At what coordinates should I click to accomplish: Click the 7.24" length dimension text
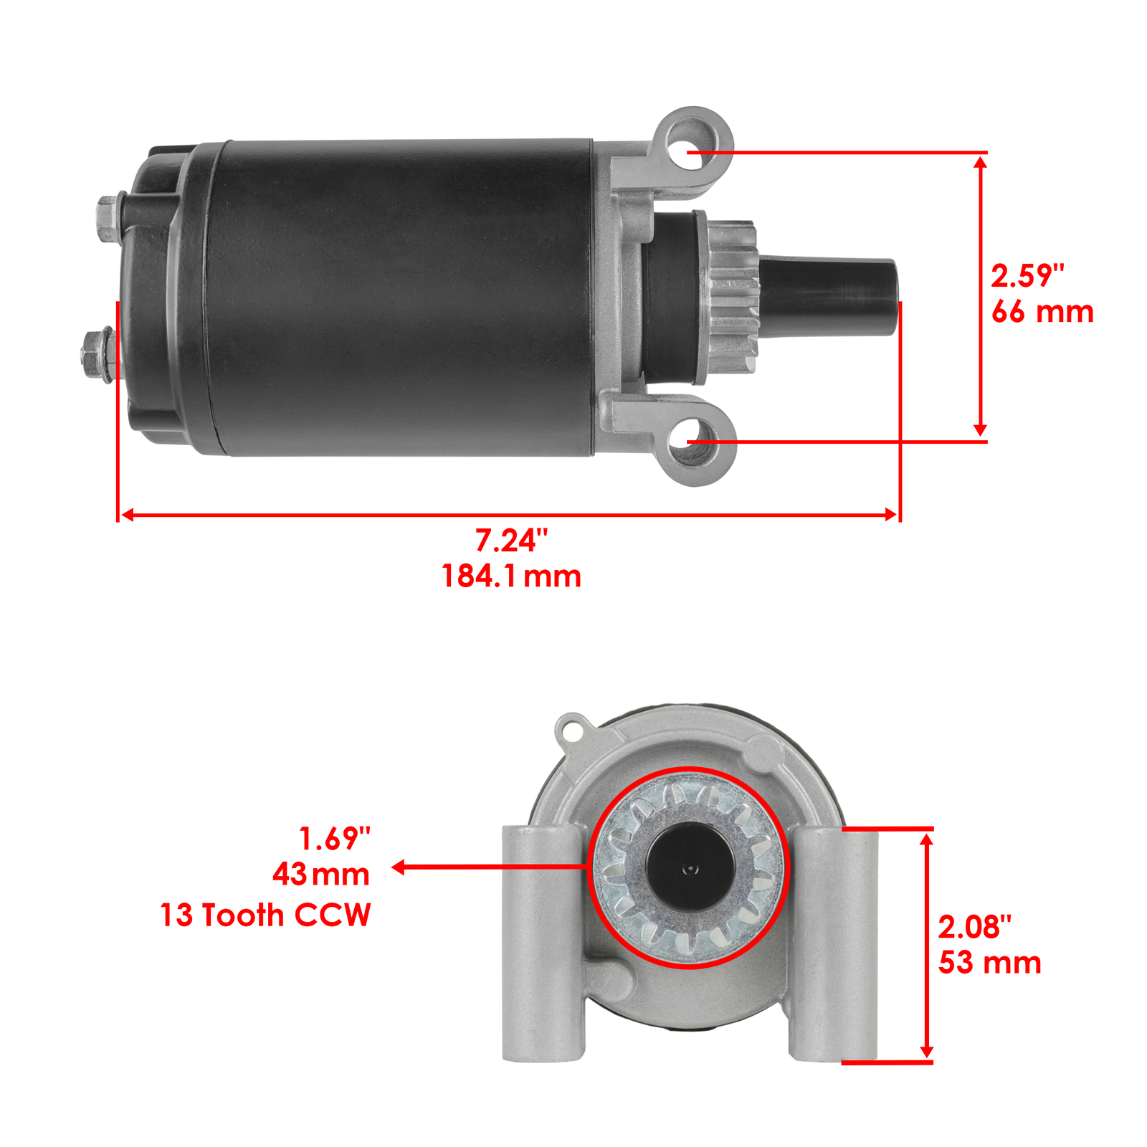(510, 541)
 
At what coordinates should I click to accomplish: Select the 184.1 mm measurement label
(510, 576)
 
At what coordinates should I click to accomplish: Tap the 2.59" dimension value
(1027, 276)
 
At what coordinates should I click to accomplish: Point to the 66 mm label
(1042, 312)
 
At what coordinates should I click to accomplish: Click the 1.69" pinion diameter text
(334, 838)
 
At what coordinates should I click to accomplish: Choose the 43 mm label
(320, 874)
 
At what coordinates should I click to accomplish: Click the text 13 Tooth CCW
(265, 915)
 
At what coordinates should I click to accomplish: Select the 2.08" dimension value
(974, 927)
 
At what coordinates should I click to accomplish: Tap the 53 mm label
(989, 963)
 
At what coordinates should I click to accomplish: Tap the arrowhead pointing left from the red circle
(399, 867)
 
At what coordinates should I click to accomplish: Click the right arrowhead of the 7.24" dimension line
(891, 515)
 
